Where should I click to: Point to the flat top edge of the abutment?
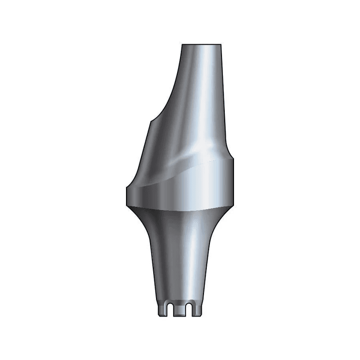201,44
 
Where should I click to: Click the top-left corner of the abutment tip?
182,45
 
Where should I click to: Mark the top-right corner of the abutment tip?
221,45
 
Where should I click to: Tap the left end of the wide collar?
125,198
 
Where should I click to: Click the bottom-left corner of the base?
160,316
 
